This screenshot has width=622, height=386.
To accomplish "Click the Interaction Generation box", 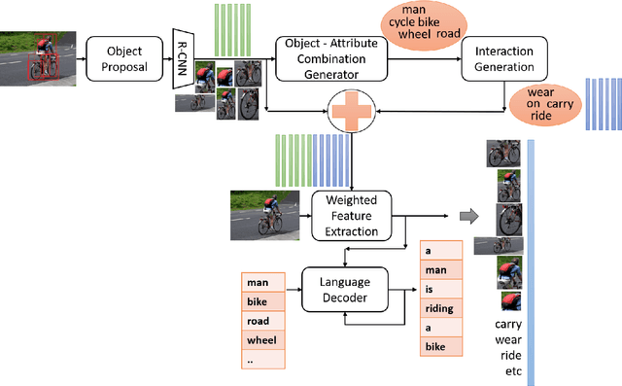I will [499, 58].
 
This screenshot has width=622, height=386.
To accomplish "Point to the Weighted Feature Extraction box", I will [351, 215].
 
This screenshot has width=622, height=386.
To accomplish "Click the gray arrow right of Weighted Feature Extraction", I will [468, 216].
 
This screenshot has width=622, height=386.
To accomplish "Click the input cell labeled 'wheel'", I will [262, 340].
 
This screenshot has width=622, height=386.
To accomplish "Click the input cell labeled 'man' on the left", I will [262, 282].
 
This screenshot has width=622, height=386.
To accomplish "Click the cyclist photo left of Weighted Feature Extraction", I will [266, 215].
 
